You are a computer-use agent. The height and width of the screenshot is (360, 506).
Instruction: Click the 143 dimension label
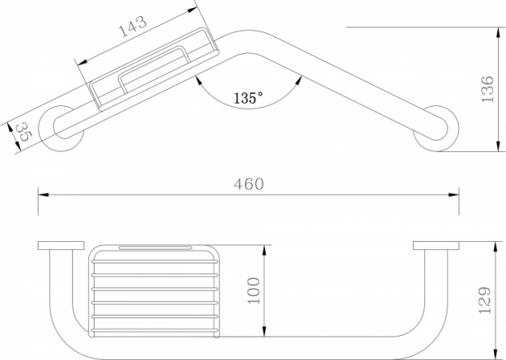[x=133, y=27]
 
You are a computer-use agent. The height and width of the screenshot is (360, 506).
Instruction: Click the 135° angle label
[x=248, y=98]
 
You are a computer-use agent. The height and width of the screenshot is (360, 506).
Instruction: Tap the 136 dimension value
[x=487, y=89]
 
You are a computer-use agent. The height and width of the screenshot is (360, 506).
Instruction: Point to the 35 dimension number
[x=23, y=132]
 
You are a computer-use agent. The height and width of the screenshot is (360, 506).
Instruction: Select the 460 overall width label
[x=249, y=184]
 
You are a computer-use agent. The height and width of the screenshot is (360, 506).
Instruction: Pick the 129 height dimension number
[x=484, y=300]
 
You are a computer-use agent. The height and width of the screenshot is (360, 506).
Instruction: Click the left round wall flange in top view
[x=61, y=129]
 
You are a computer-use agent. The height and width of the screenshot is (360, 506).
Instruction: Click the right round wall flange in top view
[x=436, y=129]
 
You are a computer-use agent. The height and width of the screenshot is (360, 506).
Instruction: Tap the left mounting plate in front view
[x=61, y=245]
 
